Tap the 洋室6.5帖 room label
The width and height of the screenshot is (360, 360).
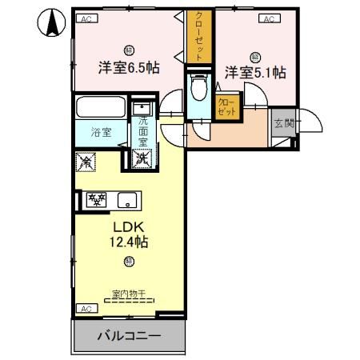tap(128, 68)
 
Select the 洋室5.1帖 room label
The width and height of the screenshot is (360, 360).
tap(254, 72)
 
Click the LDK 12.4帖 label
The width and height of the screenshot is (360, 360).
tap(128, 233)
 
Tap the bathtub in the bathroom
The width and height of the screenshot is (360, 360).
tap(101, 106)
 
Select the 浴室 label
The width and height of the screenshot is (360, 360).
tap(100, 130)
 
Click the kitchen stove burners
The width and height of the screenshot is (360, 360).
tap(98, 199)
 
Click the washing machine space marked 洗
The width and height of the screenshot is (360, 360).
tap(142, 158)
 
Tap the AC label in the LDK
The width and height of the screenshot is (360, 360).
tap(85, 307)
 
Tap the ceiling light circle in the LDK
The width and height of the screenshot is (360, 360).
tap(128, 261)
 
